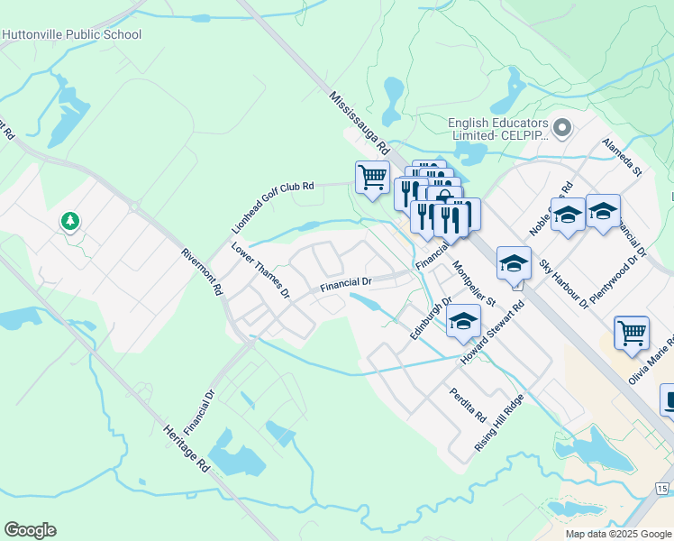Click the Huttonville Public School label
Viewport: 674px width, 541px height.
pyautogui.click(x=72, y=35)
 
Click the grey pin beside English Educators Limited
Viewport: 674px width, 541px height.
pyautogui.click(x=563, y=128)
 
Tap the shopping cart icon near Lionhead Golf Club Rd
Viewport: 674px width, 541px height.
pyautogui.click(x=371, y=177)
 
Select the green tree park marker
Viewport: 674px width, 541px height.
pyautogui.click(x=70, y=221)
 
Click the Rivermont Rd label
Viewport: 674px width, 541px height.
pyautogui.click(x=202, y=272)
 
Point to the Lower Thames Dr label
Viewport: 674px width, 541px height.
pyautogui.click(x=260, y=270)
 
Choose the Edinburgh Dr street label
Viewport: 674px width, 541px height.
pyautogui.click(x=430, y=318)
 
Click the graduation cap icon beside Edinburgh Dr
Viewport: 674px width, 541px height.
pyautogui.click(x=463, y=321)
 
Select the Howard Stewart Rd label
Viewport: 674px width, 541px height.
pyautogui.click(x=492, y=333)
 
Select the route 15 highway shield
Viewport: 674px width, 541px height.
pyautogui.click(x=662, y=489)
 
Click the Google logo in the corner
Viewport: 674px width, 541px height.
pyautogui.click(x=30, y=530)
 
